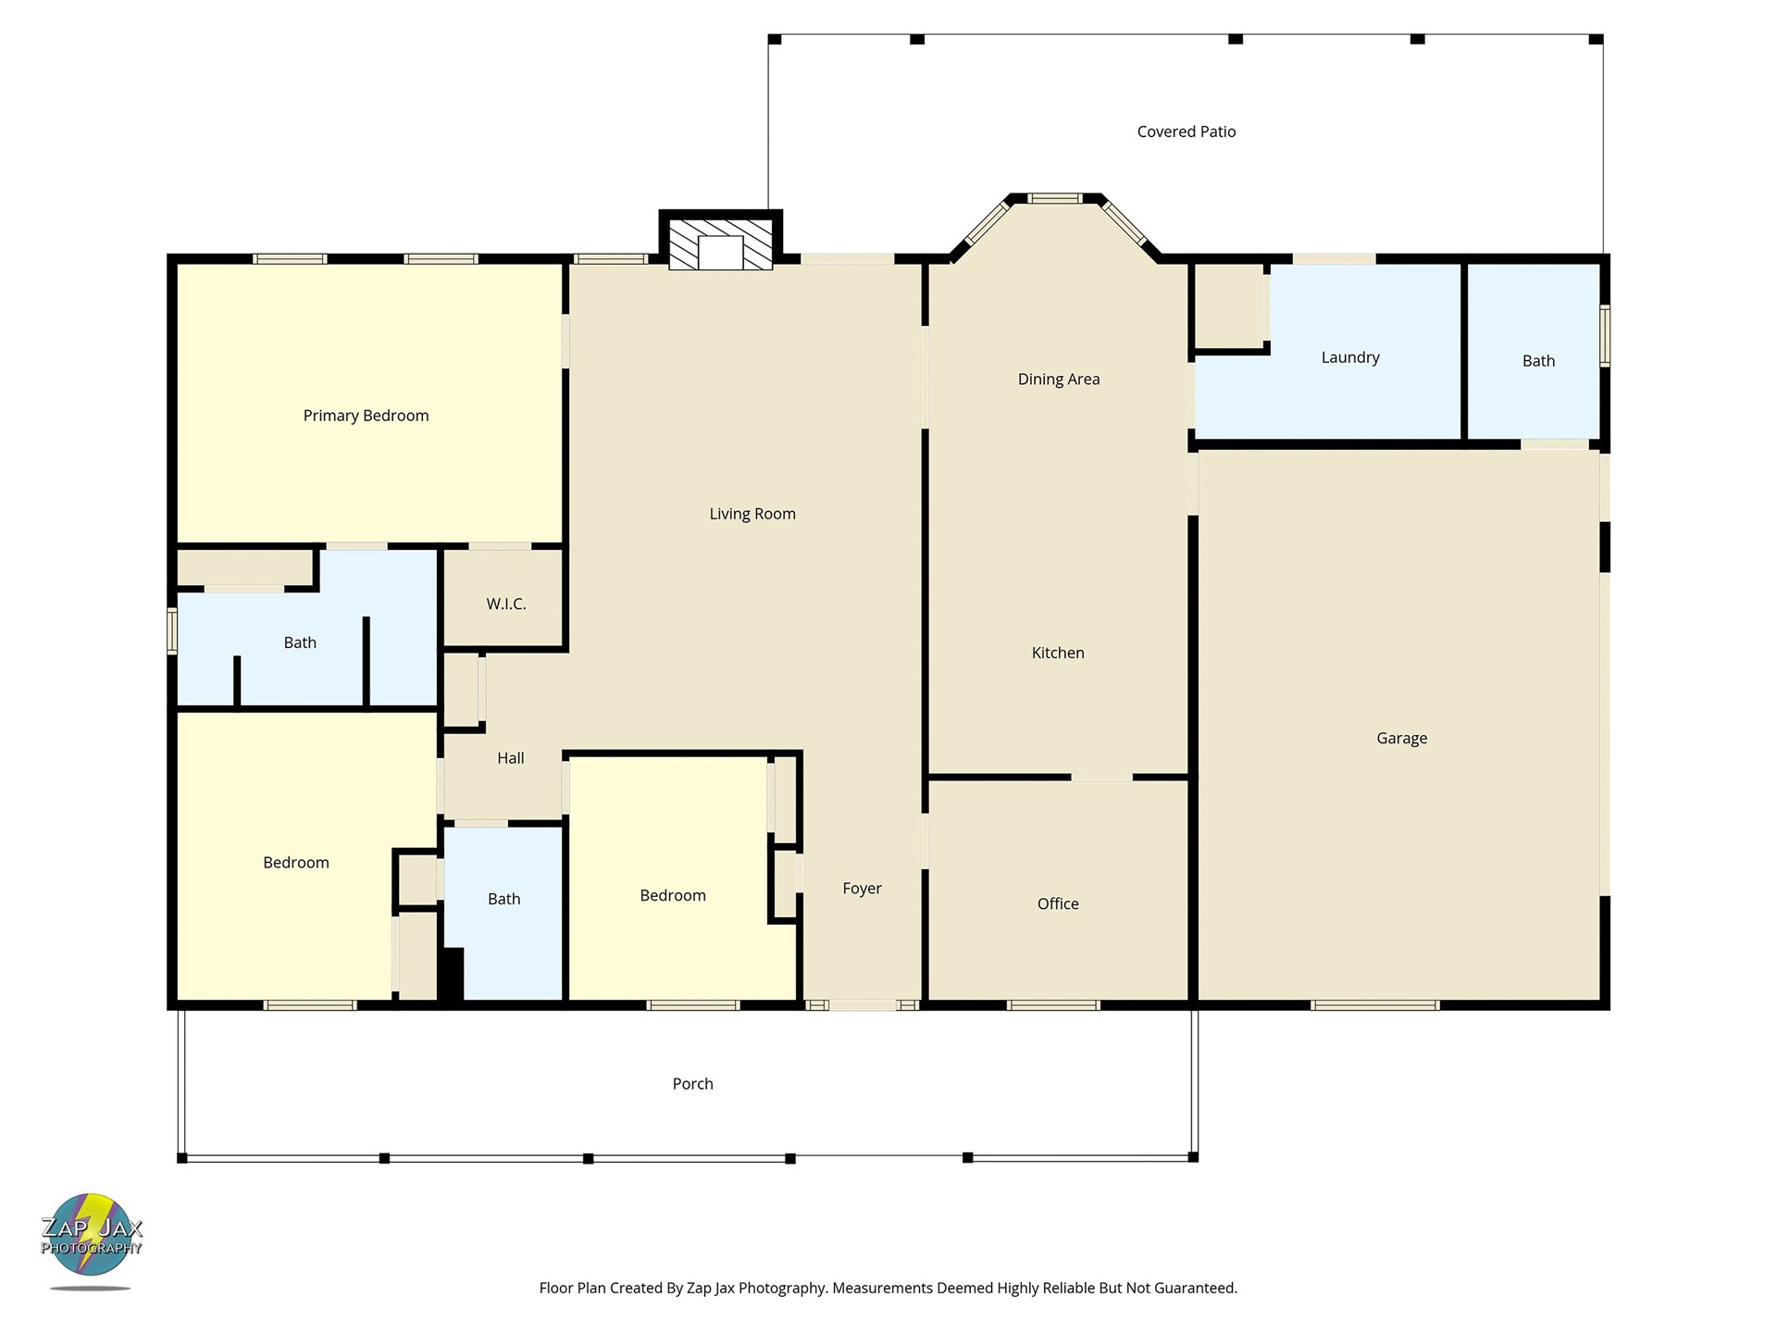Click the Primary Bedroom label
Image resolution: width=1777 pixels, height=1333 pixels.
[366, 416]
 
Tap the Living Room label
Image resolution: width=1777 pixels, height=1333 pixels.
[752, 514]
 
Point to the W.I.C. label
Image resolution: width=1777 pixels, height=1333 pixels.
[506, 604]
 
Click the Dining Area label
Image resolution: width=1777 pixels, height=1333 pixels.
[1059, 379]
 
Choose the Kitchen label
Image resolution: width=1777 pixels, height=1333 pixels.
[1058, 653]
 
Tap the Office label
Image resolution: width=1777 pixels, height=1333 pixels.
[1058, 903]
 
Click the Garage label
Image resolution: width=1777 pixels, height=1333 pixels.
[1401, 738]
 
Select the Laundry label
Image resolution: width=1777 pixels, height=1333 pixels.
[1350, 357]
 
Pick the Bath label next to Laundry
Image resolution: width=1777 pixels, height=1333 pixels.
[1538, 361]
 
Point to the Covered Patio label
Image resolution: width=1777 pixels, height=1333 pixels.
[1187, 131]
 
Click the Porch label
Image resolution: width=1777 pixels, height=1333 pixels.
[692, 1084]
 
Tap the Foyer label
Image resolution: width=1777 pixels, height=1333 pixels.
[862, 889]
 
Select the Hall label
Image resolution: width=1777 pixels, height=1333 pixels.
[510, 758]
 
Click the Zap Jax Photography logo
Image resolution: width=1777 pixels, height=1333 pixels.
[91, 1240]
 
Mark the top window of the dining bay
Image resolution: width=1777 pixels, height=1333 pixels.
[1055, 198]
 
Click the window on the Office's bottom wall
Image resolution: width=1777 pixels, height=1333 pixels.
[1053, 1005]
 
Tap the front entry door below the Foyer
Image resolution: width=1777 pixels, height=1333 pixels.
[862, 1005]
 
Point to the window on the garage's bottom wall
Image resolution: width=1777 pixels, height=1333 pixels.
[1375, 1005]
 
